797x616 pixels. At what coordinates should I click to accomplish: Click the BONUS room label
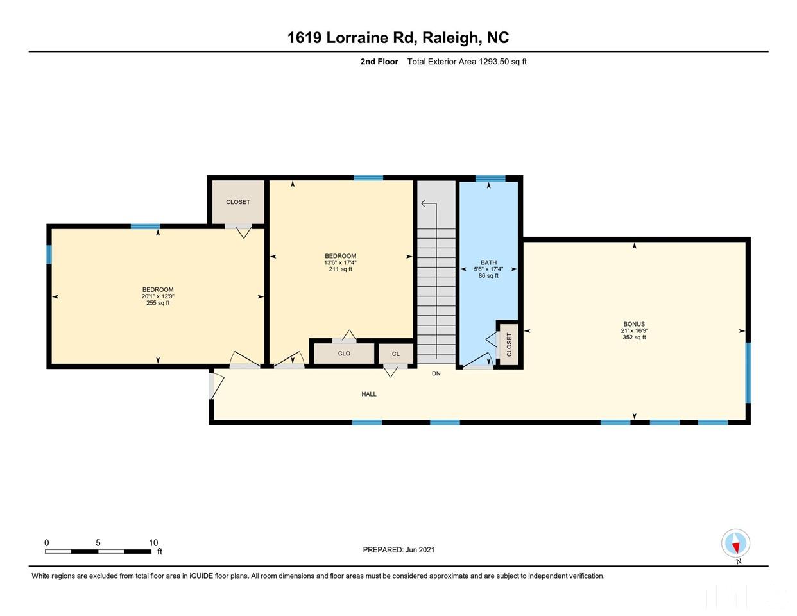point(634,324)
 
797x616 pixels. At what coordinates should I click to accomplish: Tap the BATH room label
point(488,262)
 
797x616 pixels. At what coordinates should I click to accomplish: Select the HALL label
point(368,394)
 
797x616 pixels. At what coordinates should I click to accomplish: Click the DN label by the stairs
point(436,373)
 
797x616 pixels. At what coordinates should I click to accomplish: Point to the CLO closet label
point(344,354)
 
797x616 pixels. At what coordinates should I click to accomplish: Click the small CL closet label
point(395,354)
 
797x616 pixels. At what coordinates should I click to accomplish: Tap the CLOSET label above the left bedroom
point(237,202)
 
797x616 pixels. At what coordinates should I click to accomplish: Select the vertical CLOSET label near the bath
point(510,345)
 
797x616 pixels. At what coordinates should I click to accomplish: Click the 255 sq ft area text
point(158,303)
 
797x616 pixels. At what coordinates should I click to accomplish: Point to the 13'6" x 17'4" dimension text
point(340,262)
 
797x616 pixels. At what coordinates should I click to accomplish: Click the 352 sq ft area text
point(634,338)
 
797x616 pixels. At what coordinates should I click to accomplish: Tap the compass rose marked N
point(735,544)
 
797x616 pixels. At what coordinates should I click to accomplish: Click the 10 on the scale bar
point(153,543)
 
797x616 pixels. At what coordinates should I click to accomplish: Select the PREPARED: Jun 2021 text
point(398,550)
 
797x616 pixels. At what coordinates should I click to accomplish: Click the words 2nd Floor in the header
point(379,62)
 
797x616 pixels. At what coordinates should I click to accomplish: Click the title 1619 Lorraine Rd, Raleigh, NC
point(398,38)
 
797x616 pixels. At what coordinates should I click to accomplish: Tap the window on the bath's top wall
point(490,178)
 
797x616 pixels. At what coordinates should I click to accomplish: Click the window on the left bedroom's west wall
point(49,255)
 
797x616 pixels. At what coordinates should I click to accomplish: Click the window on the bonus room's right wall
point(748,372)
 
